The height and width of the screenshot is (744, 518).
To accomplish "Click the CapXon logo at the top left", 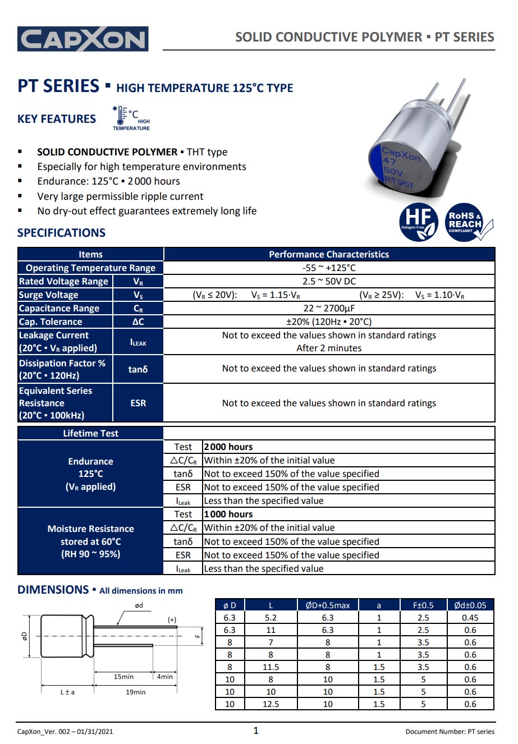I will (x=83, y=39).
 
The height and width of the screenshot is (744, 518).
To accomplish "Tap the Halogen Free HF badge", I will (x=418, y=222).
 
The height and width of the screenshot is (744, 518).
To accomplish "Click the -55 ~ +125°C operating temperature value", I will (x=329, y=268).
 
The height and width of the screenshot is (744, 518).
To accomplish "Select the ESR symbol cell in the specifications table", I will (x=138, y=403).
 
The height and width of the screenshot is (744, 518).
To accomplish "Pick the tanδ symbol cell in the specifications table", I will (x=138, y=369).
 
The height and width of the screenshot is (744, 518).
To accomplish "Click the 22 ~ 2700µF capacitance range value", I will (x=329, y=308).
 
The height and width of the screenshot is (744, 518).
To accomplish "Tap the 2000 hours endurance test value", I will (x=228, y=447).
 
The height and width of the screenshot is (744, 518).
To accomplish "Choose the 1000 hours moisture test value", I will (x=228, y=514).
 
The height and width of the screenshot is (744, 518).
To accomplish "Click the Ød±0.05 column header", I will (x=470, y=605).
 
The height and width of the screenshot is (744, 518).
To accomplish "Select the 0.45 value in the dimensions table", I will (x=470, y=617).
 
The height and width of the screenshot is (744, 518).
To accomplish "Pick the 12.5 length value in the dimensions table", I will (x=271, y=704).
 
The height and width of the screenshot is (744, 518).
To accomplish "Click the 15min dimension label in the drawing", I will (x=123, y=677).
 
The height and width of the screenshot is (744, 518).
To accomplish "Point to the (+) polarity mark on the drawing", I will (x=172, y=619).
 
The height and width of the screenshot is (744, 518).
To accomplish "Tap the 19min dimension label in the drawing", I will (x=135, y=692).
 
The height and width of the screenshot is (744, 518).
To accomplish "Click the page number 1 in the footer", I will (x=256, y=730).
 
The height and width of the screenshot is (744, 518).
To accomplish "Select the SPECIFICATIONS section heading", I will (x=61, y=233).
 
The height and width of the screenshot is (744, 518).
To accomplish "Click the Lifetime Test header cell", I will (x=90, y=433).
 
